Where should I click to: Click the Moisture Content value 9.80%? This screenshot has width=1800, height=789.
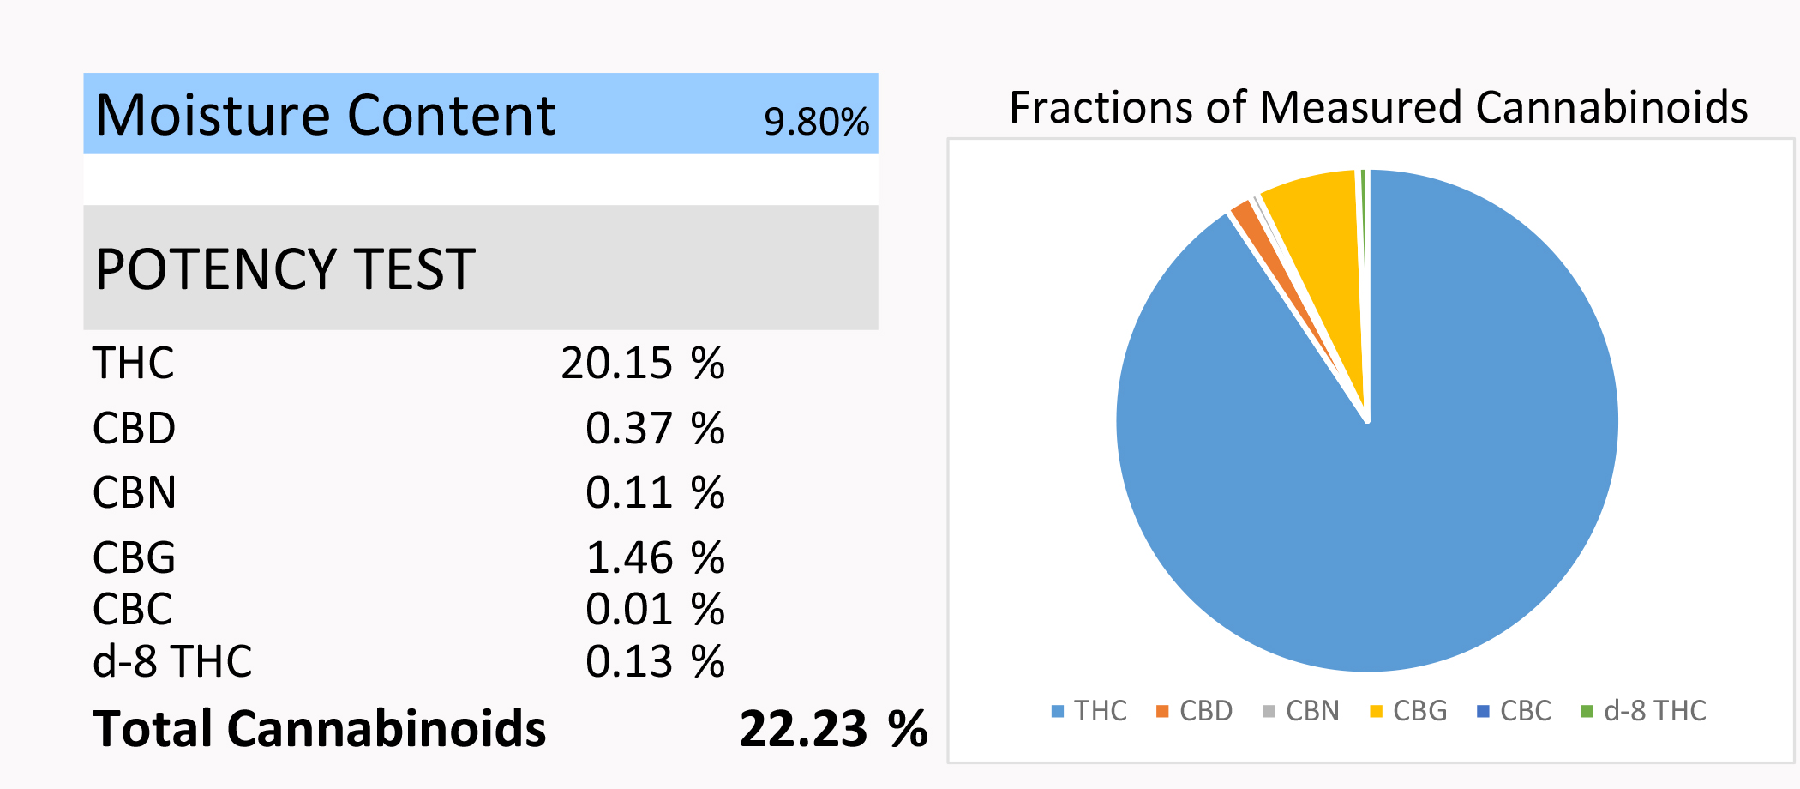tap(816, 122)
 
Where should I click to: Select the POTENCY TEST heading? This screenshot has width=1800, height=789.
tap(285, 269)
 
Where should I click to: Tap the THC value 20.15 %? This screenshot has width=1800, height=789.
tap(643, 363)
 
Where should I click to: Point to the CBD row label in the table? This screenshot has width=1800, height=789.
tap(134, 428)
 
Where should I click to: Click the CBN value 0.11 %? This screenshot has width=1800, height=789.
tap(655, 493)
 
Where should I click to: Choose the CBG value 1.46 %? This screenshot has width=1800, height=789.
tap(655, 558)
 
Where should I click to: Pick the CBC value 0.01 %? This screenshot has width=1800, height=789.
tap(655, 610)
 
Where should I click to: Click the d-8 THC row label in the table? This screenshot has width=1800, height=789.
tap(172, 661)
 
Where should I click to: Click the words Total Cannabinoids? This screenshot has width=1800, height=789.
tap(319, 729)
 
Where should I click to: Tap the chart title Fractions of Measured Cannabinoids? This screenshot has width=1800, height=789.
tap(1378, 108)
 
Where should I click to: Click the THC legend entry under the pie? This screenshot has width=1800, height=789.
tap(1090, 711)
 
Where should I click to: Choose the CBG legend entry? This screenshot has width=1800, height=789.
tap(1409, 711)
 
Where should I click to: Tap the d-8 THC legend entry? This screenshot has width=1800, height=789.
tap(1644, 711)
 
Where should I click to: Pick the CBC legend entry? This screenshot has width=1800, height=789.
tap(1515, 711)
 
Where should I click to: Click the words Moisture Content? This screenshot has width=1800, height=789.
tap(326, 115)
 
